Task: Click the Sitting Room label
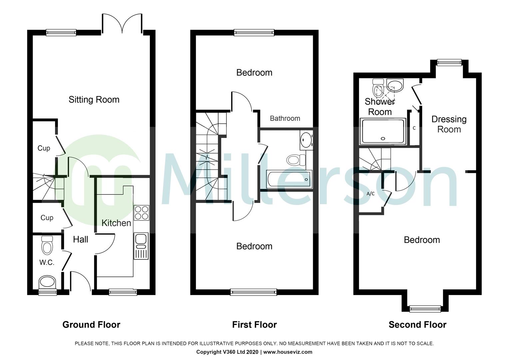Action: pyautogui.click(x=94, y=100)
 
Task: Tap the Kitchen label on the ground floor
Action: pyautogui.click(x=116, y=223)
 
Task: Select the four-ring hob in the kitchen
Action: pyautogui.click(x=141, y=213)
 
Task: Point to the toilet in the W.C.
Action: pyautogui.click(x=47, y=246)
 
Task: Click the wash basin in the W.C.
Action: pyautogui.click(x=47, y=282)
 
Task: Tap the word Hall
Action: pyautogui.click(x=81, y=239)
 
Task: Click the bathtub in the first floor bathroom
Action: pyautogui.click(x=288, y=179)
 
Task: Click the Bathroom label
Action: pyautogui.click(x=285, y=118)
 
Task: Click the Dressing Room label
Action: pyautogui.click(x=449, y=124)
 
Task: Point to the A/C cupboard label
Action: pyautogui.click(x=370, y=194)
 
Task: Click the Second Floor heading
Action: pyautogui.click(x=417, y=325)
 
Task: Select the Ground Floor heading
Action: pyautogui.click(x=91, y=325)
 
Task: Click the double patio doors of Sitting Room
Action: pyautogui.click(x=123, y=24)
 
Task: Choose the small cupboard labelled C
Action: pyautogui.click(x=414, y=128)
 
